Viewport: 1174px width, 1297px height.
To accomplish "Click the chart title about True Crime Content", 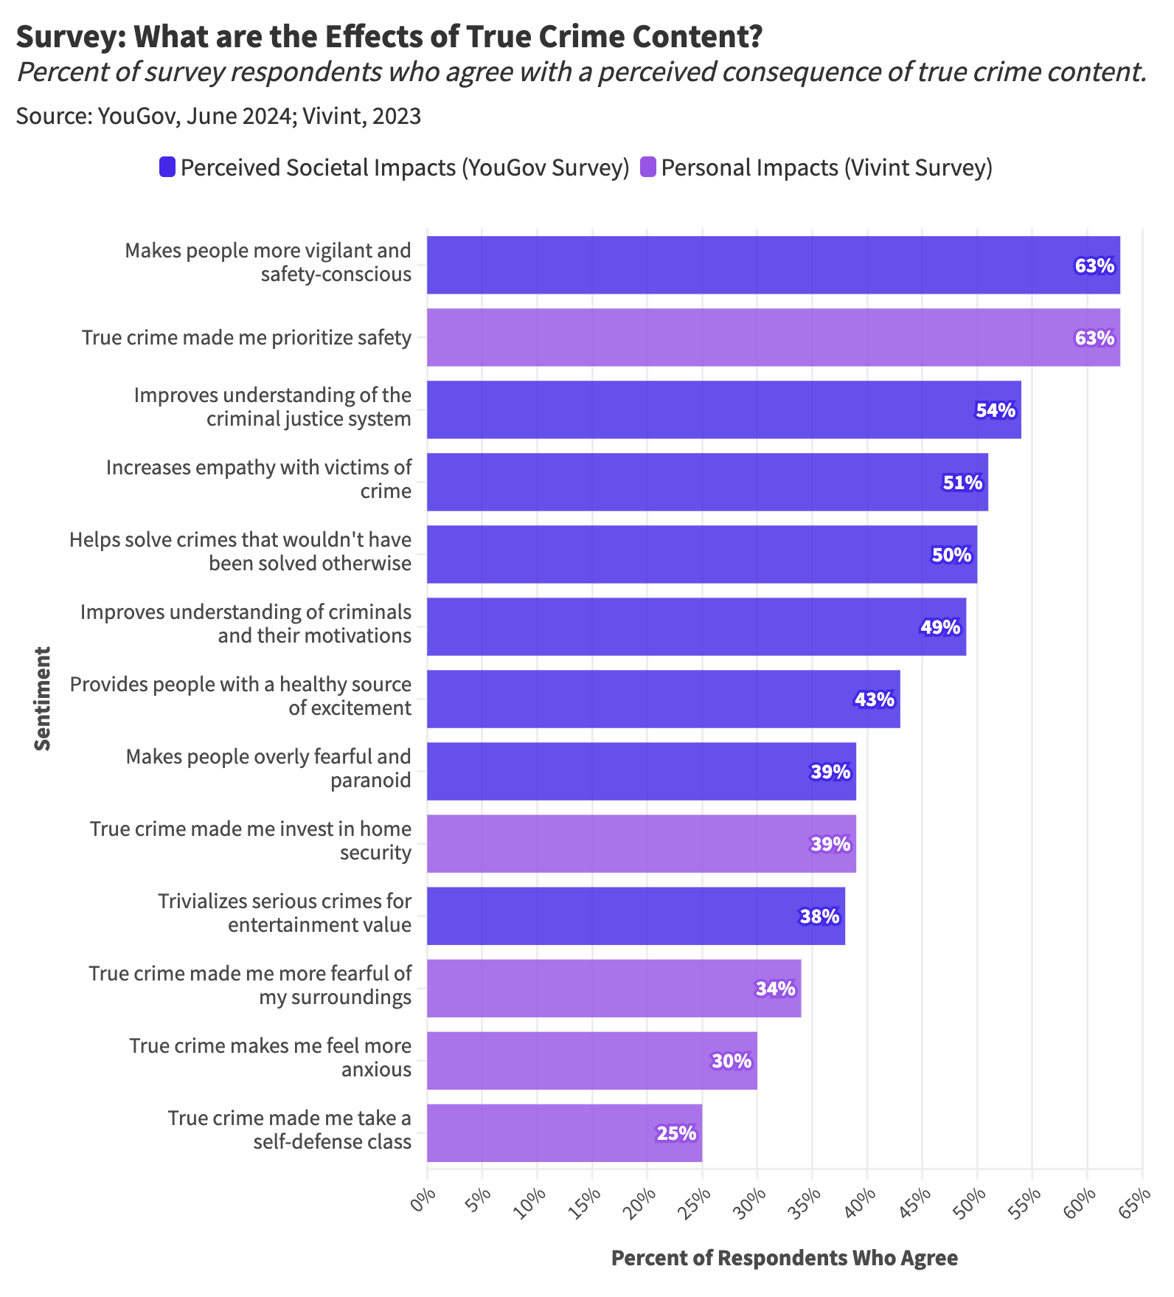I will coord(389,37).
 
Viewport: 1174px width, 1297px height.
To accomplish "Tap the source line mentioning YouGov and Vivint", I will coord(218,116).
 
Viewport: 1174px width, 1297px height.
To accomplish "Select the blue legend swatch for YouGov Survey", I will coord(167,167).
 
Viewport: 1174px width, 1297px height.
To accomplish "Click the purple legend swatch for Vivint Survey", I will coord(647,167).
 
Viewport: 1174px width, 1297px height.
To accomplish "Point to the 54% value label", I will coord(996,410).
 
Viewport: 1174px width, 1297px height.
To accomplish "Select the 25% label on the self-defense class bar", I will coord(676,1133).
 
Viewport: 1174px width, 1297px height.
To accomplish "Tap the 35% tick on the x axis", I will coord(809,1204).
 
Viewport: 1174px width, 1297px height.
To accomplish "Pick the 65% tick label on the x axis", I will coord(1139,1204).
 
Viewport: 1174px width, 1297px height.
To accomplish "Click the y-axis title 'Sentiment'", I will coord(43,698).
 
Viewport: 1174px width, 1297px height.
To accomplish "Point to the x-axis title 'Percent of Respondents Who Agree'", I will coord(784,1258).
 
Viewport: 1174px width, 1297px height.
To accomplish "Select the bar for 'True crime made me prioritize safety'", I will coord(773,337).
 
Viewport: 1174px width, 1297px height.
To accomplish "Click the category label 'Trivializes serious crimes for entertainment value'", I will coord(284,913).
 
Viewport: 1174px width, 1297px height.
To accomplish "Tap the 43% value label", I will coord(875,699).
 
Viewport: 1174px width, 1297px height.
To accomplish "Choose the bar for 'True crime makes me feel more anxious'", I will coord(591,1060).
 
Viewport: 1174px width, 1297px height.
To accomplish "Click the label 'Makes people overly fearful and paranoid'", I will coord(268,768).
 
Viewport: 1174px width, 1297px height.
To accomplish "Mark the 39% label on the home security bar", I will coord(830,844).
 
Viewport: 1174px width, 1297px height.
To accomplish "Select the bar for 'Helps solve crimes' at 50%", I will coord(701,554).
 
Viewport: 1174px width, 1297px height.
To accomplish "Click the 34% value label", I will coord(775,989).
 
